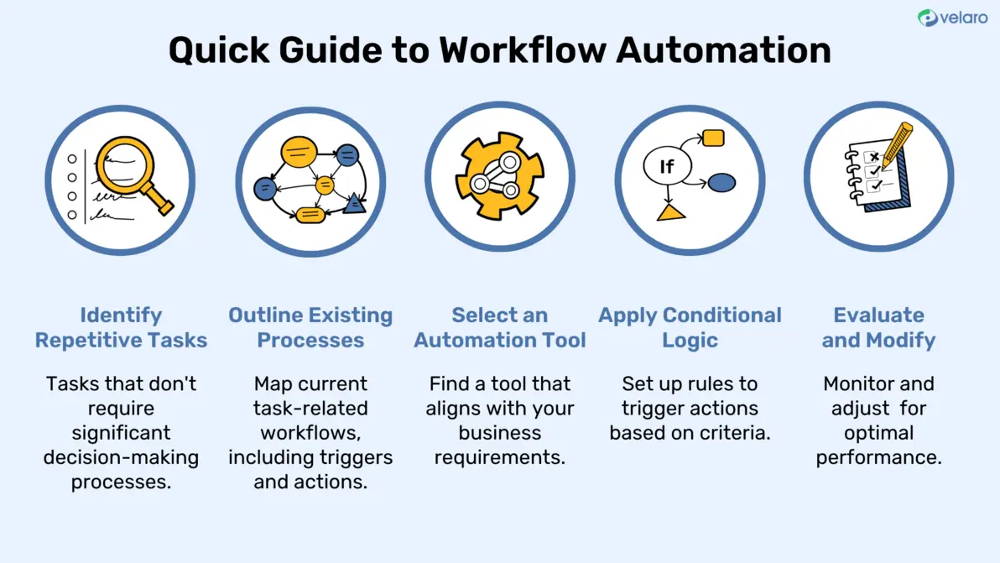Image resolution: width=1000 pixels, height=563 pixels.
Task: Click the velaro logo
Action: (x=952, y=18)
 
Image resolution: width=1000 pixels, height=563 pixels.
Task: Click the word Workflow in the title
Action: (x=522, y=50)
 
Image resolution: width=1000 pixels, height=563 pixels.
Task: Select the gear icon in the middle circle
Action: (x=500, y=177)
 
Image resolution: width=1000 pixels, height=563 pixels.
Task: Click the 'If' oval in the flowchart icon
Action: (x=666, y=167)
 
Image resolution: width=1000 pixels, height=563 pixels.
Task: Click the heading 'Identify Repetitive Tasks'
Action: (x=122, y=328)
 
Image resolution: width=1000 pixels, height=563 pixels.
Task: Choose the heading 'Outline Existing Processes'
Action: (x=310, y=328)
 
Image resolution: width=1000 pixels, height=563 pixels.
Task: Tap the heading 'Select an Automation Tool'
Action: (x=500, y=328)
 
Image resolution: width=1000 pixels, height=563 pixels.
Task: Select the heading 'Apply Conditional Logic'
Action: (x=690, y=328)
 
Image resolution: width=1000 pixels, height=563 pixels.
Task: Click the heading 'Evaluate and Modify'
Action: (x=878, y=328)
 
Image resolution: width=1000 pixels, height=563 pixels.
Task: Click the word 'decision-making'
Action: (x=122, y=458)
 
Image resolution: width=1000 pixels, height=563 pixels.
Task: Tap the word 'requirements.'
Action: (x=500, y=458)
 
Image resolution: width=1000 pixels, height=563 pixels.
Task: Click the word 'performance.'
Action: (x=878, y=458)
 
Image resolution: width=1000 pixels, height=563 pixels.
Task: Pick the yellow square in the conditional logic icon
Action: (x=713, y=138)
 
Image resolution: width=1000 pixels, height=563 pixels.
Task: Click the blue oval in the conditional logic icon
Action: (x=721, y=182)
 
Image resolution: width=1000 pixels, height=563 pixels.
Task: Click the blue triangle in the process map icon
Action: (x=354, y=203)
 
